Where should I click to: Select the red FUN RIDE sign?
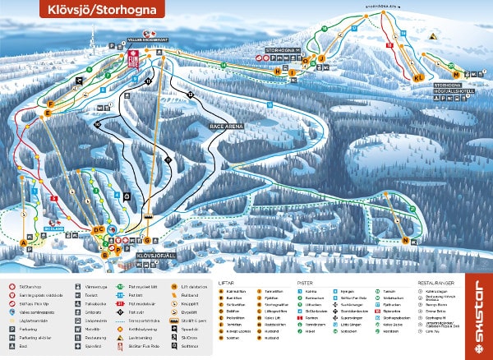point(135,58)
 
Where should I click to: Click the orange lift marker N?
point(405,240)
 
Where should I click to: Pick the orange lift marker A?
point(23,242)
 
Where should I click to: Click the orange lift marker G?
point(147,241)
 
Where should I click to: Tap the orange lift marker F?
point(49,104)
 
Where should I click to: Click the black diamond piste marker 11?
point(148,81)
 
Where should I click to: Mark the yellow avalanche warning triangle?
point(432,36)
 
